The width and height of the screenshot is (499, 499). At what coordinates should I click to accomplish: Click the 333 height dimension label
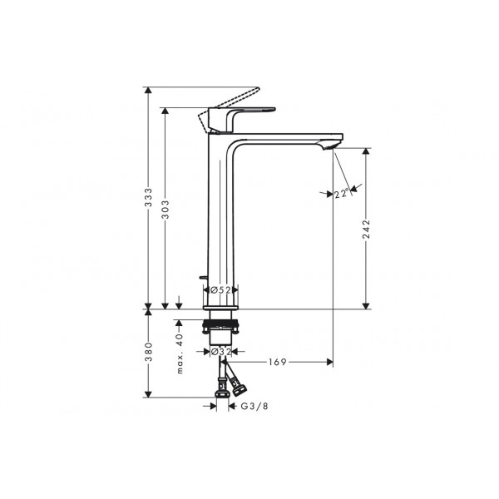(x=149, y=198)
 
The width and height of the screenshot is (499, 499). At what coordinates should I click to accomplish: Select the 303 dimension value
(x=166, y=210)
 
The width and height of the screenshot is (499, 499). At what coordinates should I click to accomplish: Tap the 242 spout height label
(x=366, y=229)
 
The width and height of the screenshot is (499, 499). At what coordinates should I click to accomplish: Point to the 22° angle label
(x=341, y=193)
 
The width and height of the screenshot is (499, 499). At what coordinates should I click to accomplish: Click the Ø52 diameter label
(x=221, y=290)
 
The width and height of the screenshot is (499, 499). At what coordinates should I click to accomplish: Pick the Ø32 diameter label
(x=221, y=352)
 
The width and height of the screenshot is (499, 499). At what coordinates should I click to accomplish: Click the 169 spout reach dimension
(x=278, y=362)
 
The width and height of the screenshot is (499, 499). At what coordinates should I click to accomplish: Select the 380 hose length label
(x=149, y=352)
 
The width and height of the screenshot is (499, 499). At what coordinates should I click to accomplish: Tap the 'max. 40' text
(x=180, y=353)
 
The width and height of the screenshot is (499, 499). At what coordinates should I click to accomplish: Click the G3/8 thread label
(x=254, y=406)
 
